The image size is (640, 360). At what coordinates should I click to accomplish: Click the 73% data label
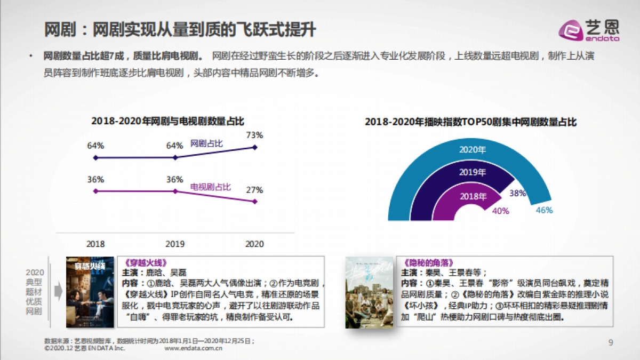coord(254,135)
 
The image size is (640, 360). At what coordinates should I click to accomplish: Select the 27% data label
coord(254,190)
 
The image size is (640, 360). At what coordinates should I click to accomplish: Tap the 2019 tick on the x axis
coord(175,244)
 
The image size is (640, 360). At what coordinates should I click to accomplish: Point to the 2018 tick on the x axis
coord(95,244)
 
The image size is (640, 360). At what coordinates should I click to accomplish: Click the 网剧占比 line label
coord(206,144)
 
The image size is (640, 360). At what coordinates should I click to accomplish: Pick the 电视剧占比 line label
coord(210,187)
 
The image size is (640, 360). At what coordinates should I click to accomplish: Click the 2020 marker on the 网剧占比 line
coord(255,147)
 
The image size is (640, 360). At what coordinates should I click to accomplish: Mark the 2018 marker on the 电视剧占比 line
coord(95,191)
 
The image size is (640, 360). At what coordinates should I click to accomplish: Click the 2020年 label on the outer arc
coord(473,149)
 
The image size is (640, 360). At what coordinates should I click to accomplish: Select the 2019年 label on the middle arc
coord(473,172)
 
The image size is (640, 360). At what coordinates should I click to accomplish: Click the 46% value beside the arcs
coord(544,210)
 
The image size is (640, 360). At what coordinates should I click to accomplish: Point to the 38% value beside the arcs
coord(517,193)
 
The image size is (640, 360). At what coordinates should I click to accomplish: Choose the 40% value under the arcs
coord(500,211)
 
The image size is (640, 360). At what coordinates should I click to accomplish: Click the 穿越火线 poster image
coord(86,292)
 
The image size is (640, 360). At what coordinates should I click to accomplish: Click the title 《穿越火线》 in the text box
coord(141,262)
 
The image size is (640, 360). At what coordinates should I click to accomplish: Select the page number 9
coord(611,342)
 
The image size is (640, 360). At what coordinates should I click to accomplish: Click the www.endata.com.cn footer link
coord(193,348)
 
